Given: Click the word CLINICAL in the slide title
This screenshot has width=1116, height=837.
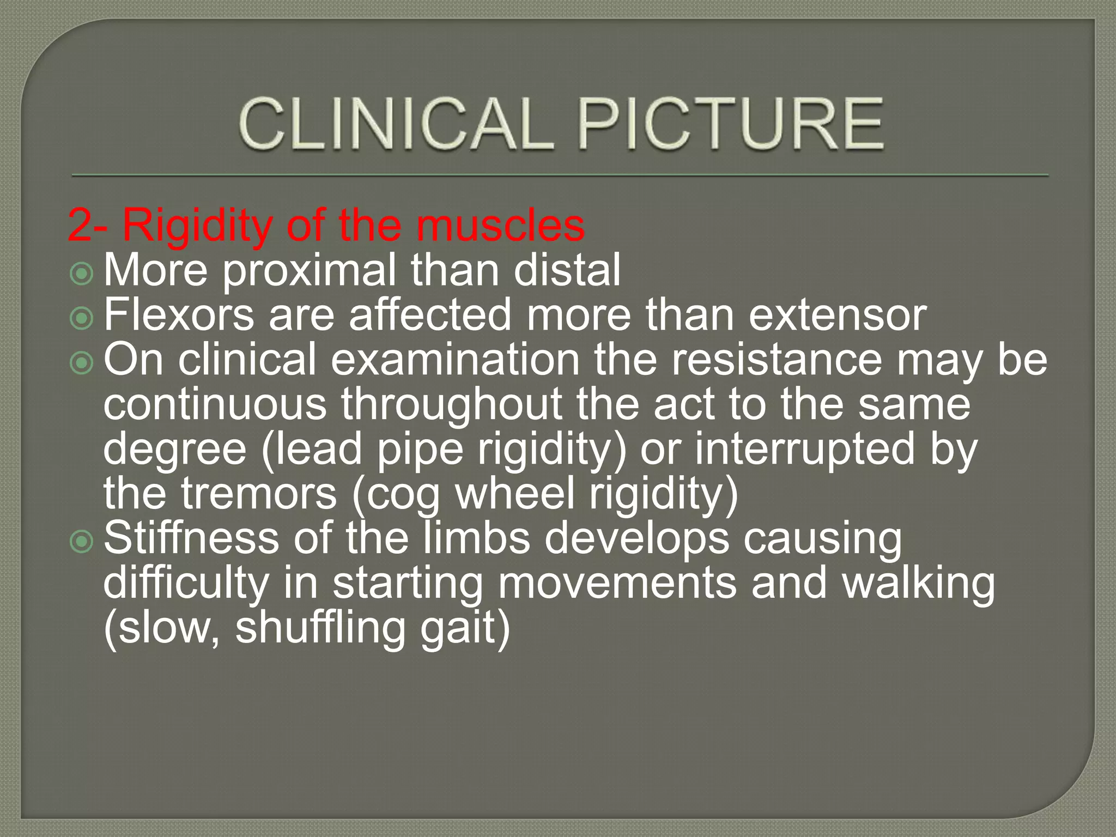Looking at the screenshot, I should click(x=395, y=124).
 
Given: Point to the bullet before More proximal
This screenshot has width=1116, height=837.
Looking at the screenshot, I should click(x=82, y=274).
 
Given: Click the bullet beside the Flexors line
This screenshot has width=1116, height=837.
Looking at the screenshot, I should click(x=82, y=318).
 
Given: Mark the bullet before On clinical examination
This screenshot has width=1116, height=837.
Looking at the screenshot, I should click(x=82, y=363).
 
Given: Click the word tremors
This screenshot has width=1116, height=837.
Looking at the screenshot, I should click(x=259, y=494).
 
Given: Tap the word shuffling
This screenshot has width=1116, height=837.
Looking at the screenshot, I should click(x=320, y=628).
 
